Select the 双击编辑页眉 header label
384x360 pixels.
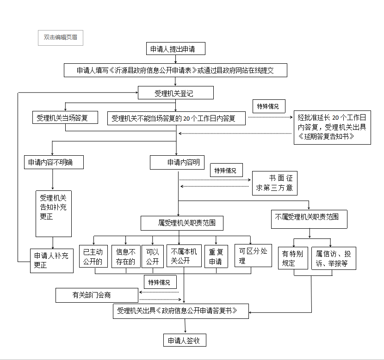(61, 38)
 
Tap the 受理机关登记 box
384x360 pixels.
(175, 93)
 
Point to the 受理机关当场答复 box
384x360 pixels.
(65, 117)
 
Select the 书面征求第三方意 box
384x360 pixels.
(274, 183)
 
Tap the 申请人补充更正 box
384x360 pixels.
(52, 260)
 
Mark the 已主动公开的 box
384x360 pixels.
(94, 256)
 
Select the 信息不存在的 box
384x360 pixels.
(126, 256)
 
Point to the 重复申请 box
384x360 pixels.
(216, 256)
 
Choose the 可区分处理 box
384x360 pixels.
(253, 255)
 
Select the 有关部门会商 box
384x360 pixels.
(97, 295)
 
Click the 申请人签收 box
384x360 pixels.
(185, 341)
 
